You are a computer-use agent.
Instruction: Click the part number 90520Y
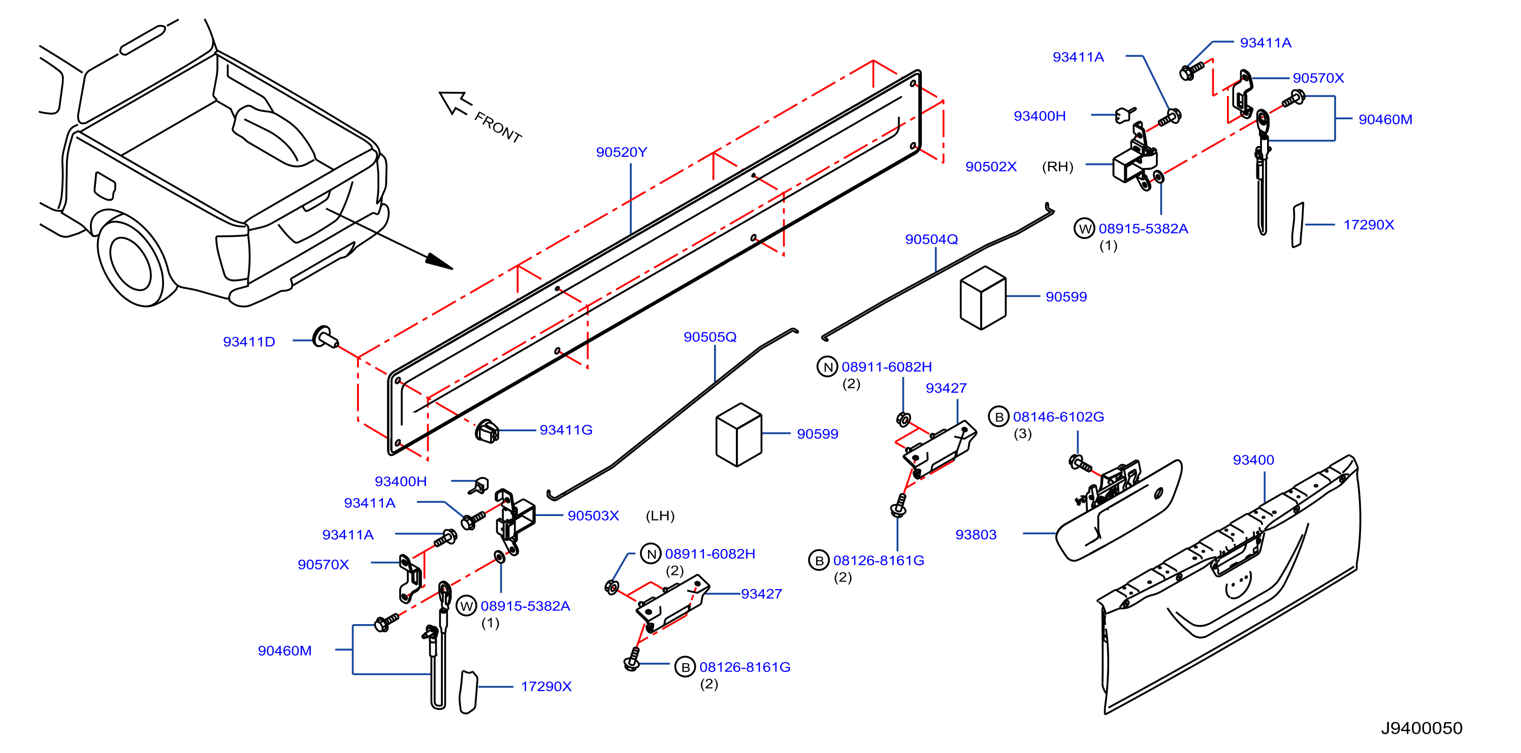621,152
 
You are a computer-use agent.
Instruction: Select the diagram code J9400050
1421,728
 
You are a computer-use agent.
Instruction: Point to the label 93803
976,535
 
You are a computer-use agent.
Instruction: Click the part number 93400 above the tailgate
1253,460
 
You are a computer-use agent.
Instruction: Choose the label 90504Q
931,239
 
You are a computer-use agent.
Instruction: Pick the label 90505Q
710,337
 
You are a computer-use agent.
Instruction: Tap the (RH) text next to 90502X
1057,166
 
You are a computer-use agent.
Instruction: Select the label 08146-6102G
1058,417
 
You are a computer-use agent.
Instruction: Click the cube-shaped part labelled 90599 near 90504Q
983,298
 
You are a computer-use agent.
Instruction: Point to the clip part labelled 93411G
487,431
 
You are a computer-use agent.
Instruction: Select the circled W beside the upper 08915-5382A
1084,228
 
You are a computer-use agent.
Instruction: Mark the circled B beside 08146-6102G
998,417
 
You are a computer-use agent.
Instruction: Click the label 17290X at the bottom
546,687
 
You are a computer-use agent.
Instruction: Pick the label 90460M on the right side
1385,119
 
